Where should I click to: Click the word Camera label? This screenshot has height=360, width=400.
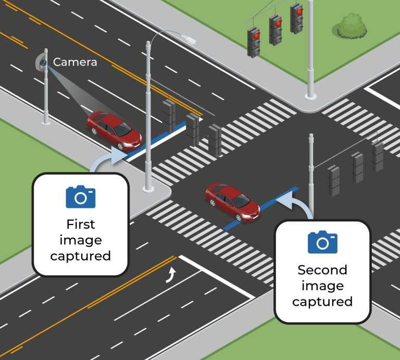pos(75,63)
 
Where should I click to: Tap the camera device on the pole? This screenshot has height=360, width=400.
pos(42,63)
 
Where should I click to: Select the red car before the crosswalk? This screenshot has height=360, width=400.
pos(114,130)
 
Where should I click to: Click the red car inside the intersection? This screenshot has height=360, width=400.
pos(232,201)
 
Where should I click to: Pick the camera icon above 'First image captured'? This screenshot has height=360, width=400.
pos(81,197)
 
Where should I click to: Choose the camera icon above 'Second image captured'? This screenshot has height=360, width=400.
pos(322,242)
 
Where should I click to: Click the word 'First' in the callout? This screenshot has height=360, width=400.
pos(81,225)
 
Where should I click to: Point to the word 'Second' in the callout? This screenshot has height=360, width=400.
pos(322,270)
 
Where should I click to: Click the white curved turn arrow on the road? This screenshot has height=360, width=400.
pos(170,275)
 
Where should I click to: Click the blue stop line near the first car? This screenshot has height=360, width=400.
pos(156,138)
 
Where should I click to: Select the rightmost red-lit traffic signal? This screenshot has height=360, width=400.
pos(297,17)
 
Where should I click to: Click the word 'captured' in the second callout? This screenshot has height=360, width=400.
pos(322,302)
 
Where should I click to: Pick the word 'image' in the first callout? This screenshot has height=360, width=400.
pos(81,240)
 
